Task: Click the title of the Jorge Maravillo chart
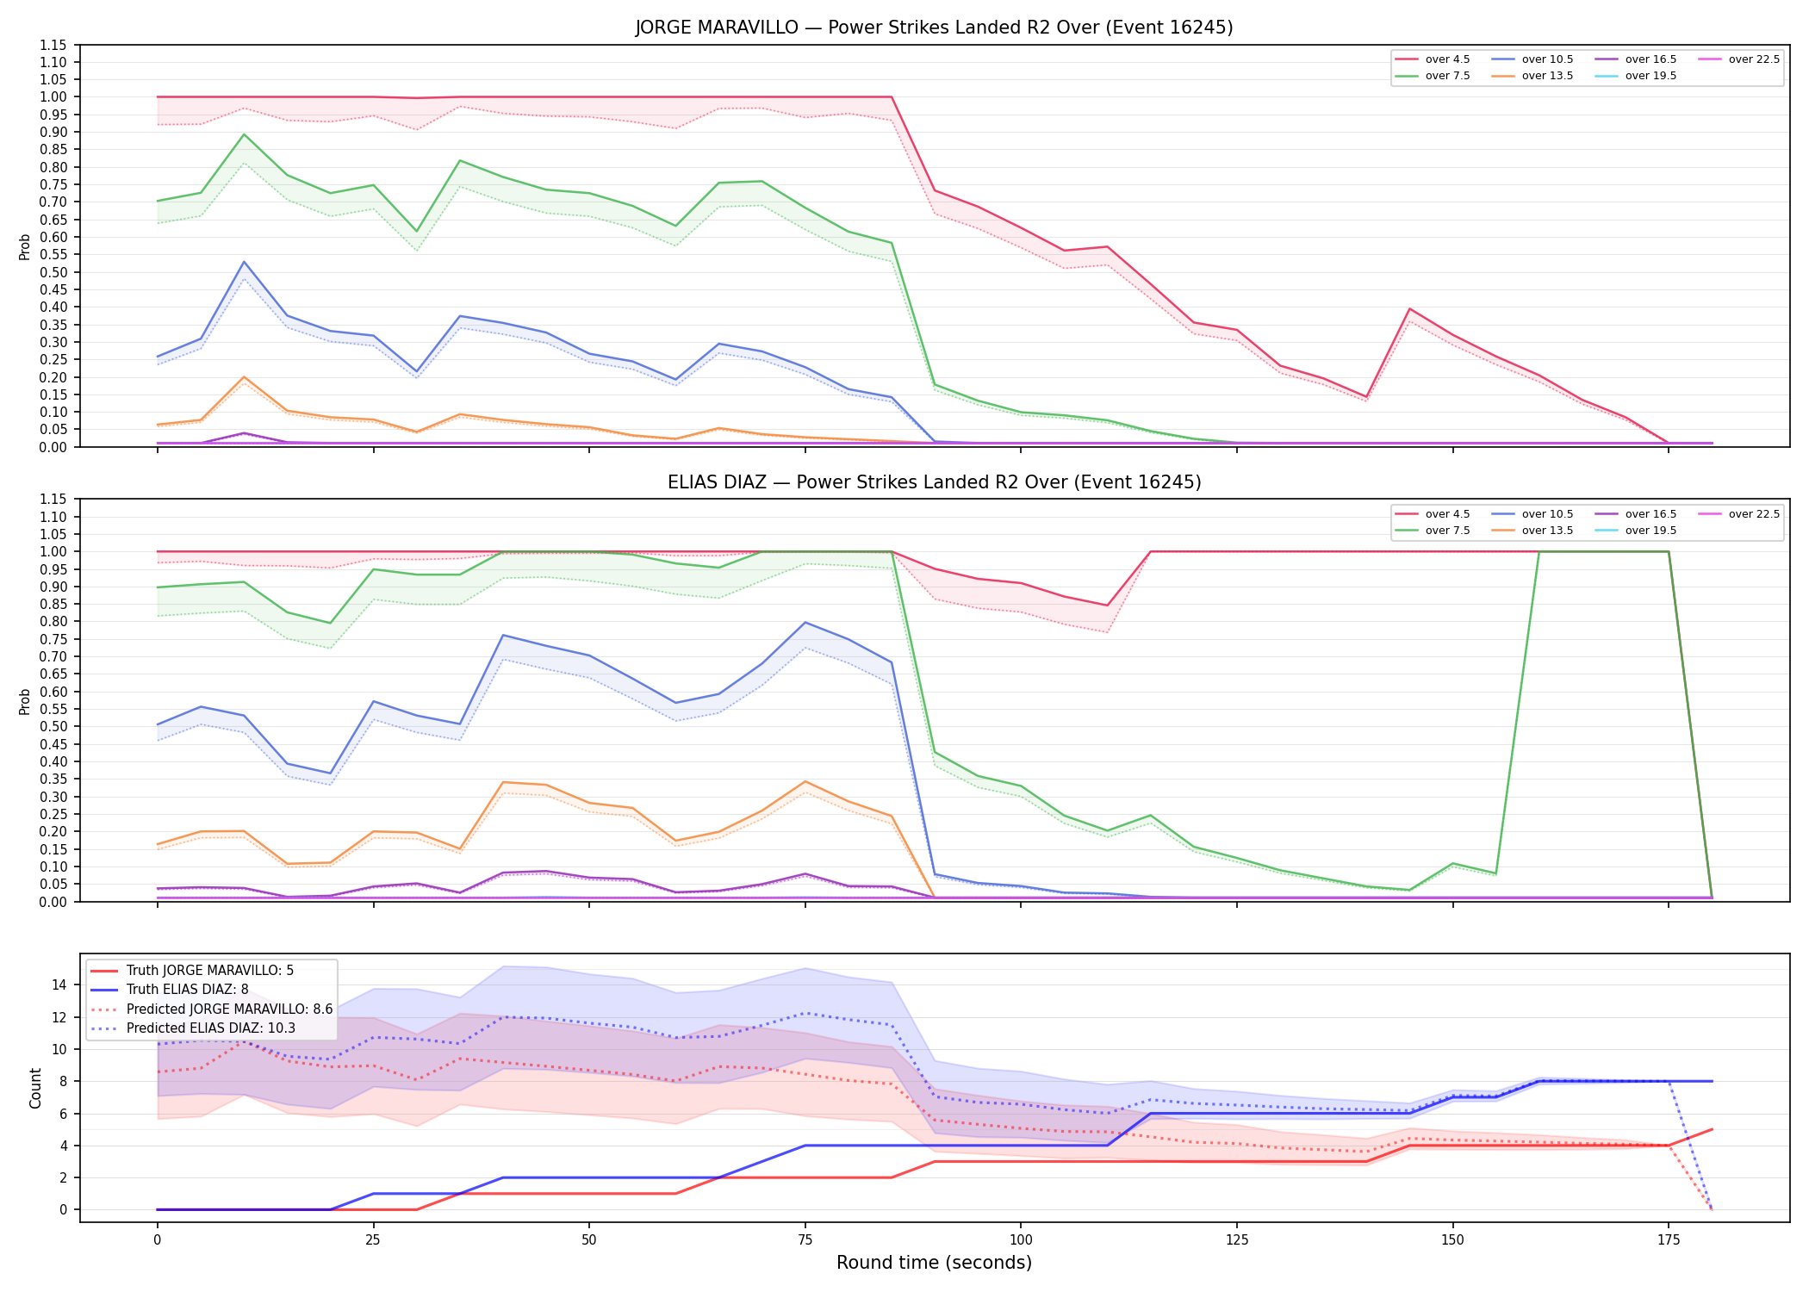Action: click(934, 28)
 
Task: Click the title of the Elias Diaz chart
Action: click(934, 482)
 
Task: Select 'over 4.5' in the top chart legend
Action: click(1447, 59)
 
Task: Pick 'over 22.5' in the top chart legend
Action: click(1754, 59)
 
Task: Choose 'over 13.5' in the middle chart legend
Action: click(1547, 531)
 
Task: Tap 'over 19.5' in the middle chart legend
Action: click(1650, 531)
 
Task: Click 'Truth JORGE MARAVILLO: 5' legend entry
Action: click(210, 971)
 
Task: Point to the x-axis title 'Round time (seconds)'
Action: click(934, 1263)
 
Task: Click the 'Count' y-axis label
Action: click(35, 1088)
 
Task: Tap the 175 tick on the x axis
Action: click(1669, 1240)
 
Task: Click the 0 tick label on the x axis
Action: click(157, 1240)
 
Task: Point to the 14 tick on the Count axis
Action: click(60, 985)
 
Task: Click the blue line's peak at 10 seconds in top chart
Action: click(244, 262)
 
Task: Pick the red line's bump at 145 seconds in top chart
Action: click(1409, 308)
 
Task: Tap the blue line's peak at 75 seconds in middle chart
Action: click(805, 622)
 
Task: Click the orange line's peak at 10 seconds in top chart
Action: click(244, 377)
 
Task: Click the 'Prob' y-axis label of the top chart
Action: click(25, 246)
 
